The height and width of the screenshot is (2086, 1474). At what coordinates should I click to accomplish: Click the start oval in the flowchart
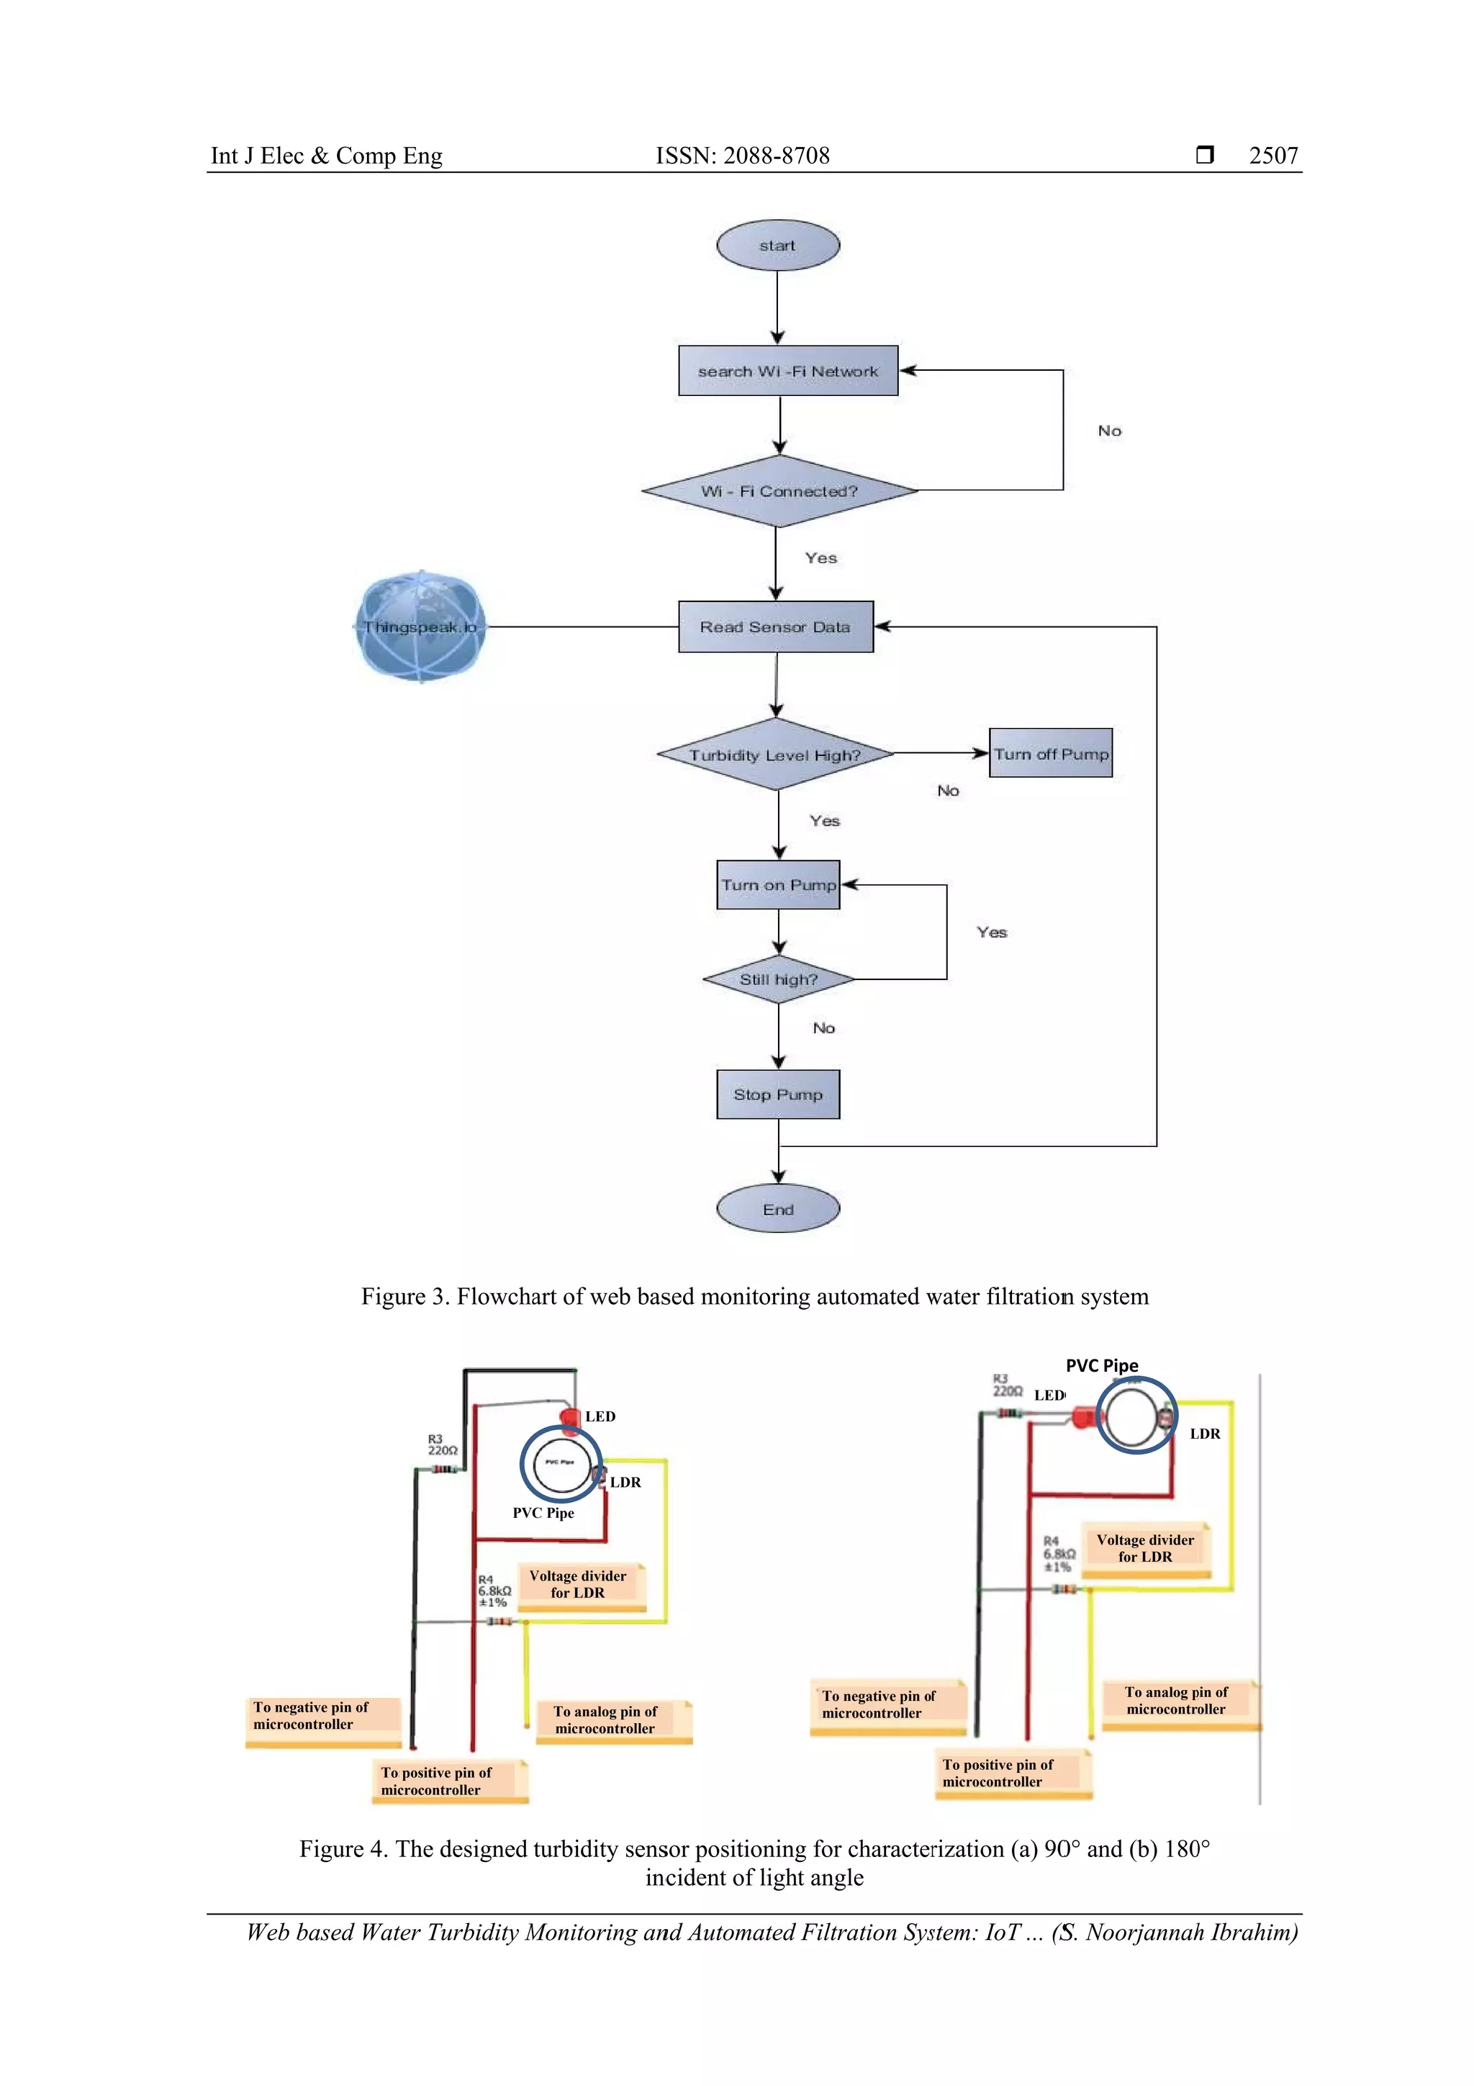tap(777, 246)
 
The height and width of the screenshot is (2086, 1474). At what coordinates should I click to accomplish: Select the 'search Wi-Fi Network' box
tap(787, 371)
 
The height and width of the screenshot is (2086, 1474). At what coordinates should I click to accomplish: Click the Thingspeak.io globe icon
tap(420, 627)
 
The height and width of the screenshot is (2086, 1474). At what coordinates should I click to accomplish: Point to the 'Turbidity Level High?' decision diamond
tap(774, 754)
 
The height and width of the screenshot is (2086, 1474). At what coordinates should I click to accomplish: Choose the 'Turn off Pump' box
tap(1050, 753)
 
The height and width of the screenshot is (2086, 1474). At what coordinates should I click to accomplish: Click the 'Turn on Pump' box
tap(777, 885)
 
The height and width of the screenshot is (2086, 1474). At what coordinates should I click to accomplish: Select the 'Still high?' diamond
tap(778, 979)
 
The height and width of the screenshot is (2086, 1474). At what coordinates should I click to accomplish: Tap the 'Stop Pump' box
tap(777, 1094)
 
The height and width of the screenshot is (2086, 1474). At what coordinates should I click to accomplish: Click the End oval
tap(777, 1209)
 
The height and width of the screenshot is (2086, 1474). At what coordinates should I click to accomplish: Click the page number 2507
tap(1272, 156)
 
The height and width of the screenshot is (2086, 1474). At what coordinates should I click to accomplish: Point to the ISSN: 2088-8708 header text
tap(742, 156)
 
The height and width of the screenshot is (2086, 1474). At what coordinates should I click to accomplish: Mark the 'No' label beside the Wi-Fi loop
tap(1109, 431)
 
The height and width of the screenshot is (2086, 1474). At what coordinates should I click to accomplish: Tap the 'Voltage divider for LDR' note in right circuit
tap(1144, 1548)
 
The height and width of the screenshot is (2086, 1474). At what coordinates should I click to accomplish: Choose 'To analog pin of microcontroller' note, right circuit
tap(1177, 1701)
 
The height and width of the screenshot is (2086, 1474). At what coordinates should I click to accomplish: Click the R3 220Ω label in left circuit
tap(443, 1444)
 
